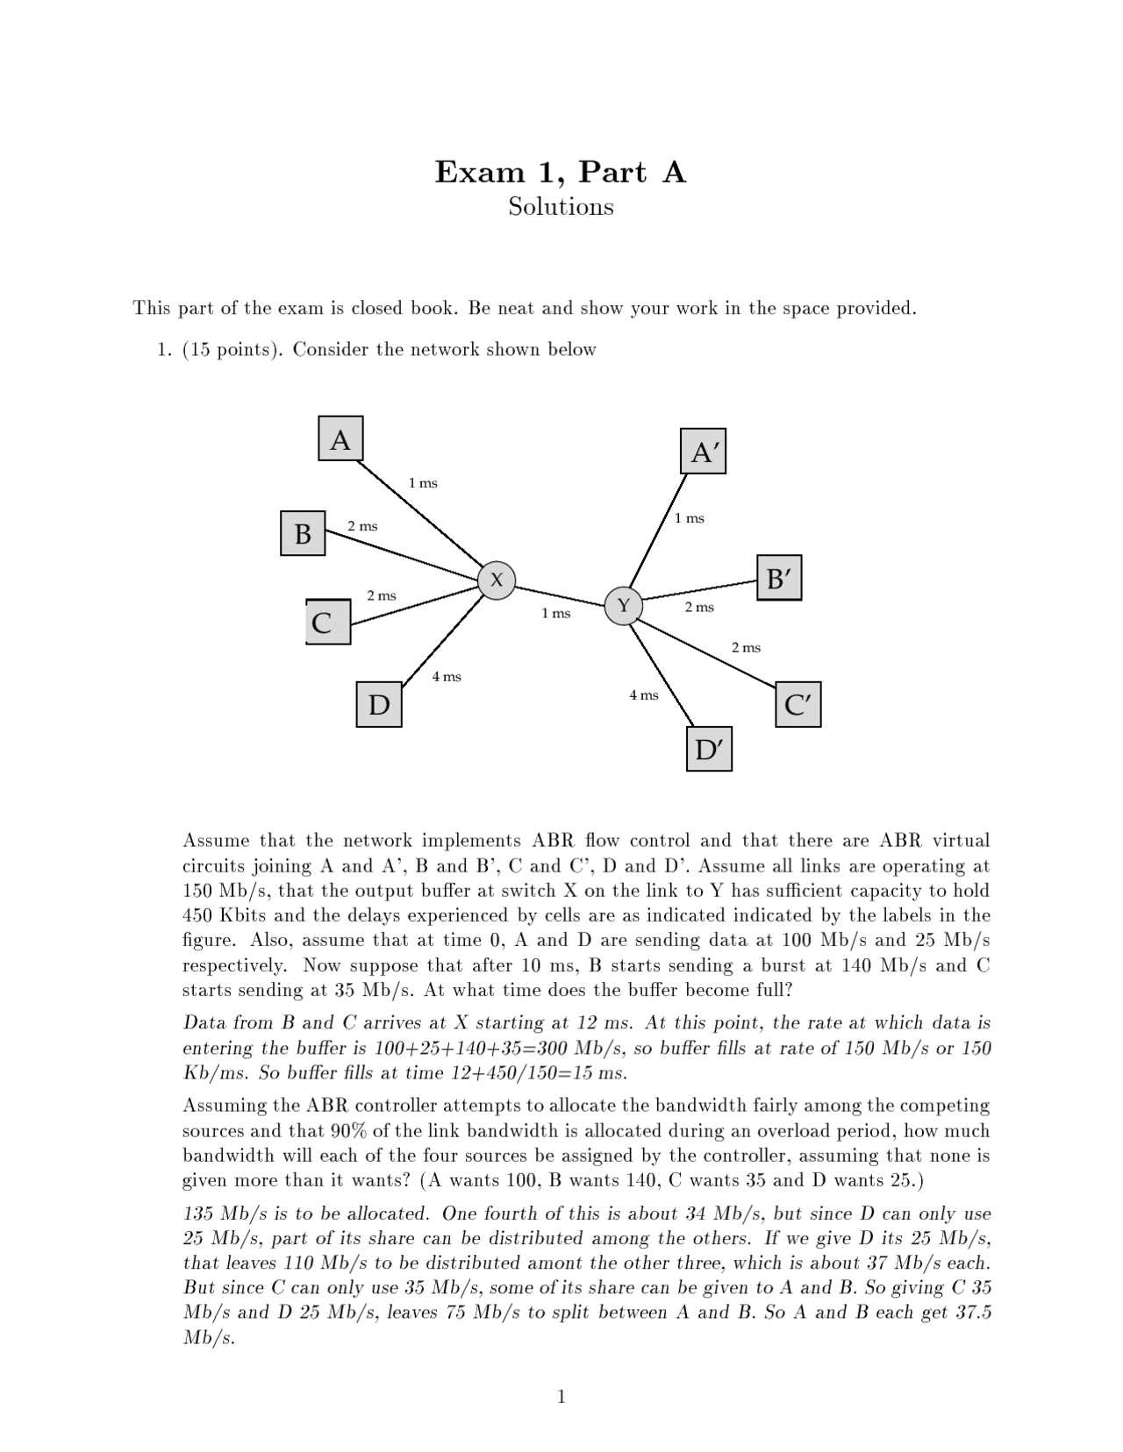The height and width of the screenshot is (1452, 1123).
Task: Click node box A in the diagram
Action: click(x=340, y=439)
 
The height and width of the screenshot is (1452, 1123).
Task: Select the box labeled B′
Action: click(x=779, y=578)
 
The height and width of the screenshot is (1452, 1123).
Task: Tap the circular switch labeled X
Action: click(x=497, y=580)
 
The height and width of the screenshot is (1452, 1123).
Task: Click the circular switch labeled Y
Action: click(x=624, y=606)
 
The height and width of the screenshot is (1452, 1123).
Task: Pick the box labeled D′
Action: click(x=708, y=749)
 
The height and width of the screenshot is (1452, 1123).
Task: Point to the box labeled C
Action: click(x=328, y=623)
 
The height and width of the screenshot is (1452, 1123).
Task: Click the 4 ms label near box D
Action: click(x=447, y=677)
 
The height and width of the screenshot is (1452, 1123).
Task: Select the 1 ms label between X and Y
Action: click(x=555, y=613)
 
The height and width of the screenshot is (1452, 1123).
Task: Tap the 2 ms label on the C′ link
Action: click(x=746, y=648)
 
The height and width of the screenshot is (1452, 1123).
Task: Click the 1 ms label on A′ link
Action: click(x=689, y=518)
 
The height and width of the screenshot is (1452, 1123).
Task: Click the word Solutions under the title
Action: click(x=561, y=207)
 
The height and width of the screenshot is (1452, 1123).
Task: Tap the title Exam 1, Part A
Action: click(x=561, y=172)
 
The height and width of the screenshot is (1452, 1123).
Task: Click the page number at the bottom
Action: click(x=561, y=1397)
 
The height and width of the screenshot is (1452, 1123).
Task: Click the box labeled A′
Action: click(x=704, y=452)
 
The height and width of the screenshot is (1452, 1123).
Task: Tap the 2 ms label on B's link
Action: click(x=362, y=526)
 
